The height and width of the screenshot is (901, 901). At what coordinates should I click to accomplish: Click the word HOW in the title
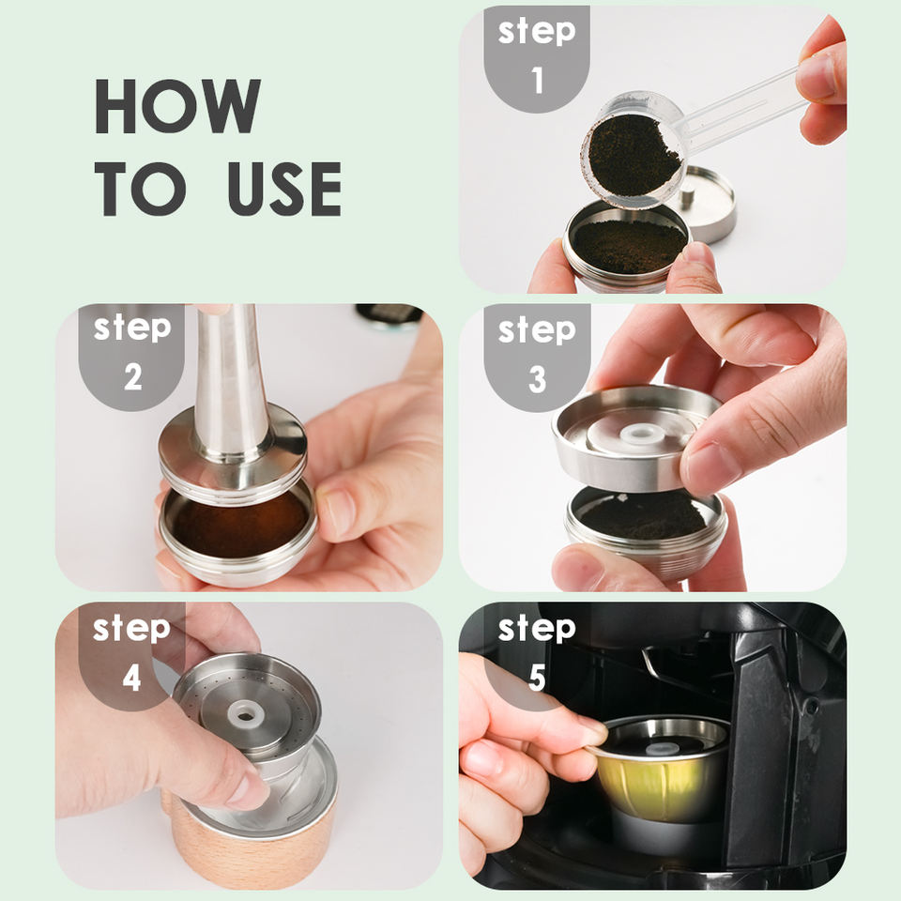coord(177,106)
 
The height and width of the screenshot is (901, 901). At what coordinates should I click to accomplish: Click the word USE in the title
coord(284,189)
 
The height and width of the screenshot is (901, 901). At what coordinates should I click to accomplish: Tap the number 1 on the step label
coord(537,80)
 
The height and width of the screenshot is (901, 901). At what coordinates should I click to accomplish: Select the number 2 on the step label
coord(132,377)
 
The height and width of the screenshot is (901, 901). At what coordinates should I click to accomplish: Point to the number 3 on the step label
coord(537,379)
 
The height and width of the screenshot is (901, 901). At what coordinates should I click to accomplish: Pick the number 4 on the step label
coord(131,678)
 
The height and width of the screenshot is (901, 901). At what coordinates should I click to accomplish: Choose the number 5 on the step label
coord(537,678)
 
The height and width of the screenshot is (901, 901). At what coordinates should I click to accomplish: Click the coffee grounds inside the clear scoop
coord(633,154)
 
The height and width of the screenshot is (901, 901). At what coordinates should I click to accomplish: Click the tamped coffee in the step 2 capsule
coord(239,526)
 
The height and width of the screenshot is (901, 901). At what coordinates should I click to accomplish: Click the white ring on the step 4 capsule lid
coord(246,715)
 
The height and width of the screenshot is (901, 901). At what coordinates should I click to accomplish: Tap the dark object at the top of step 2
coord(389,315)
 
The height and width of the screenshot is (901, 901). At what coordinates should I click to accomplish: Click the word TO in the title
coord(141,189)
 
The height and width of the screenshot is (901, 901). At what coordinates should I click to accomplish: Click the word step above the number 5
coord(537,629)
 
